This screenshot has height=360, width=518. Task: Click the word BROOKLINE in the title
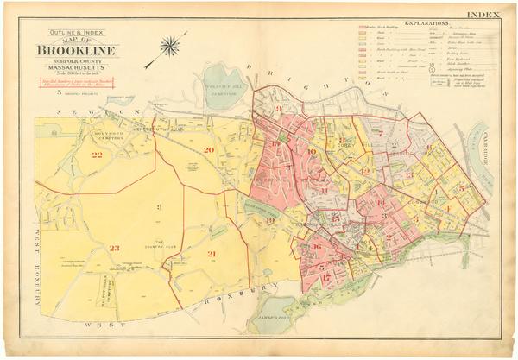point(77,50)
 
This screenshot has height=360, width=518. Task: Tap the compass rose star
point(171,46)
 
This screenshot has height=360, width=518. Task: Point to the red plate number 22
point(97,155)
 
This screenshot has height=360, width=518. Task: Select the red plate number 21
point(211,254)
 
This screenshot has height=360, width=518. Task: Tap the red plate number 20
point(208,150)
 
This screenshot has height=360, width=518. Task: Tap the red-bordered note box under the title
point(77,85)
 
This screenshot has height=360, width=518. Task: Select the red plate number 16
point(317,248)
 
